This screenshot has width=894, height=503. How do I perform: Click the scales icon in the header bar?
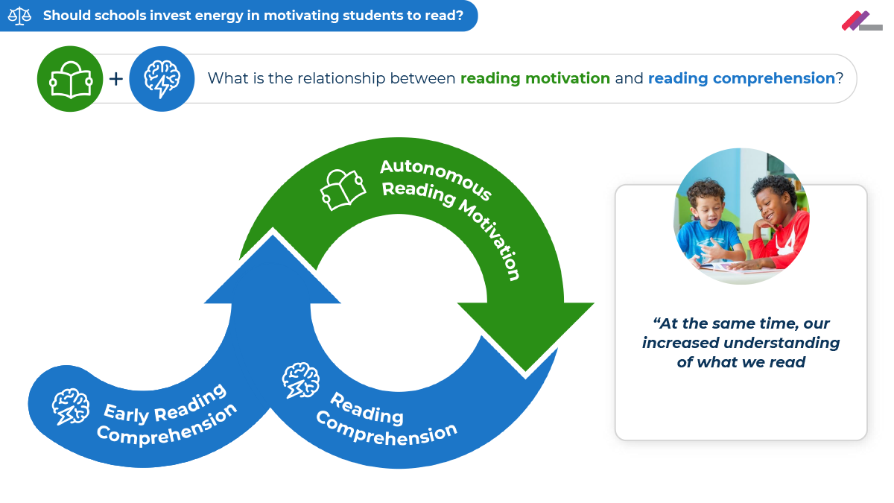pyautogui.click(x=20, y=16)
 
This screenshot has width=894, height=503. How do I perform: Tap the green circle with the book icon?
pyautogui.click(x=70, y=78)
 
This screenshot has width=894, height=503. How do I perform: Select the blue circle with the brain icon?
pyautogui.click(x=162, y=78)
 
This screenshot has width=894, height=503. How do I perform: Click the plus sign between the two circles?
pyautogui.click(x=115, y=78)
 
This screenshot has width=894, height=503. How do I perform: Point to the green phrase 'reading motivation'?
pyautogui.click(x=535, y=78)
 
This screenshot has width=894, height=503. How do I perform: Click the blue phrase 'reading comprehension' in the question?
pyautogui.click(x=741, y=78)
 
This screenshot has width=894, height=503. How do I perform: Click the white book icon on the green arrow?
pyautogui.click(x=343, y=189)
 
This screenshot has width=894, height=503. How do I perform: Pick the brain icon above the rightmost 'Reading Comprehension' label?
pyautogui.click(x=301, y=381)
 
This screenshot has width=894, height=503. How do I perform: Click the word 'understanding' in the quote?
pyautogui.click(x=782, y=343)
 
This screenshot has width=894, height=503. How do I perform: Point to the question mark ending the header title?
pyautogui.click(x=460, y=16)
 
